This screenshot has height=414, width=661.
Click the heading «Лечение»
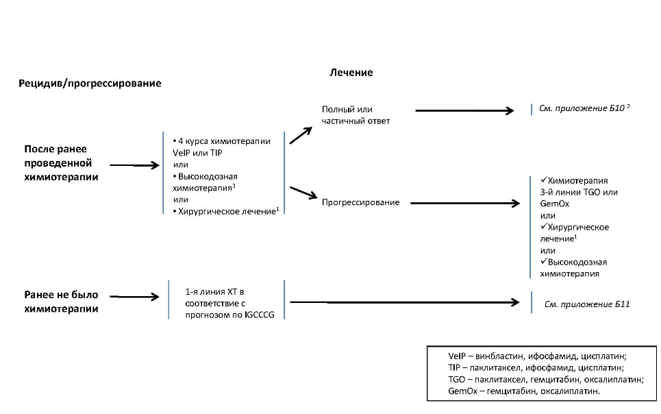click(x=351, y=73)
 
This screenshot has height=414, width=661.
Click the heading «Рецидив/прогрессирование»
click(x=90, y=83)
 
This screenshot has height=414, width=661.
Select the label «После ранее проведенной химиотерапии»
click(x=61, y=163)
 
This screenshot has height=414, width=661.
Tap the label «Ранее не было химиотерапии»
click(x=61, y=302)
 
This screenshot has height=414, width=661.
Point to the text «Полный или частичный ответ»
click(x=356, y=115)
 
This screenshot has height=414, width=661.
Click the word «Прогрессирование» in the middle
click(x=360, y=202)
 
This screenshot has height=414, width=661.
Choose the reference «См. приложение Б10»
click(x=582, y=108)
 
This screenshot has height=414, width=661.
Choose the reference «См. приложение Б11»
click(x=587, y=304)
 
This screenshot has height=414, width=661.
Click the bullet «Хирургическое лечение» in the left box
click(x=226, y=211)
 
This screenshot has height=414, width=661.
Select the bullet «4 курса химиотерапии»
click(x=222, y=141)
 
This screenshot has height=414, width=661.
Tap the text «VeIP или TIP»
click(x=197, y=153)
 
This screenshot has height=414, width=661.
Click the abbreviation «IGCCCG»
click(x=259, y=315)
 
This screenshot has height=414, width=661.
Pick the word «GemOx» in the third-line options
click(x=554, y=204)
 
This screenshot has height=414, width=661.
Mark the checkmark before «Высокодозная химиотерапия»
click(x=543, y=261)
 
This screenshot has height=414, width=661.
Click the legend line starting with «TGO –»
click(x=546, y=380)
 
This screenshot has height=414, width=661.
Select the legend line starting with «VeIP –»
click(x=538, y=356)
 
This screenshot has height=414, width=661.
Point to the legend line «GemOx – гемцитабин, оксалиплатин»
click(x=524, y=391)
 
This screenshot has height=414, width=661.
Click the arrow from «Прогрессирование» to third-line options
click(x=465, y=204)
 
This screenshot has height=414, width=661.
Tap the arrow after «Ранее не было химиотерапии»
click(x=134, y=297)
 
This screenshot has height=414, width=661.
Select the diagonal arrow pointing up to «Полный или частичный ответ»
click(x=301, y=136)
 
